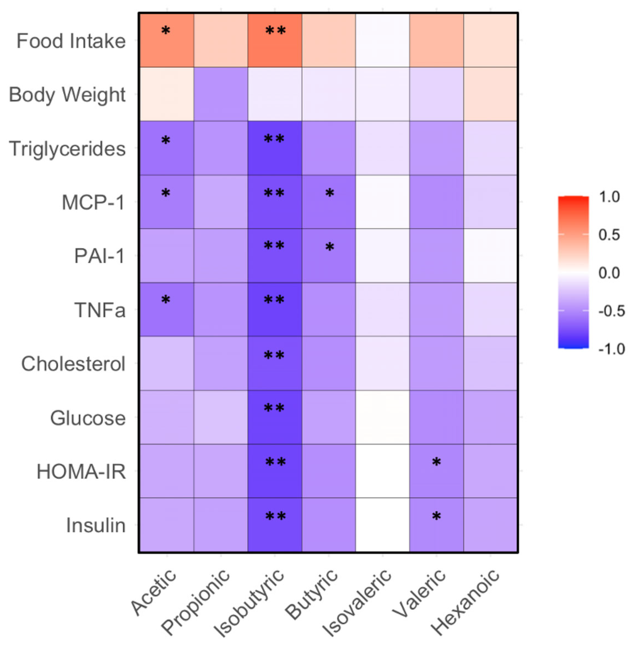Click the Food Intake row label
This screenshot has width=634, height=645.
point(71,41)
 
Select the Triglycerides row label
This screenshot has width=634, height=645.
point(67,149)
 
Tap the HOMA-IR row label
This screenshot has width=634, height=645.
point(81,472)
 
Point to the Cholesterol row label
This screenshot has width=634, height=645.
point(73,364)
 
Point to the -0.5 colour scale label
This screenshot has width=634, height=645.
point(611,311)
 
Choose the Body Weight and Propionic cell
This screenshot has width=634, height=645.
point(221,94)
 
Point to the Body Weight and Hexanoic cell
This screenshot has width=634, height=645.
point(490,94)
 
